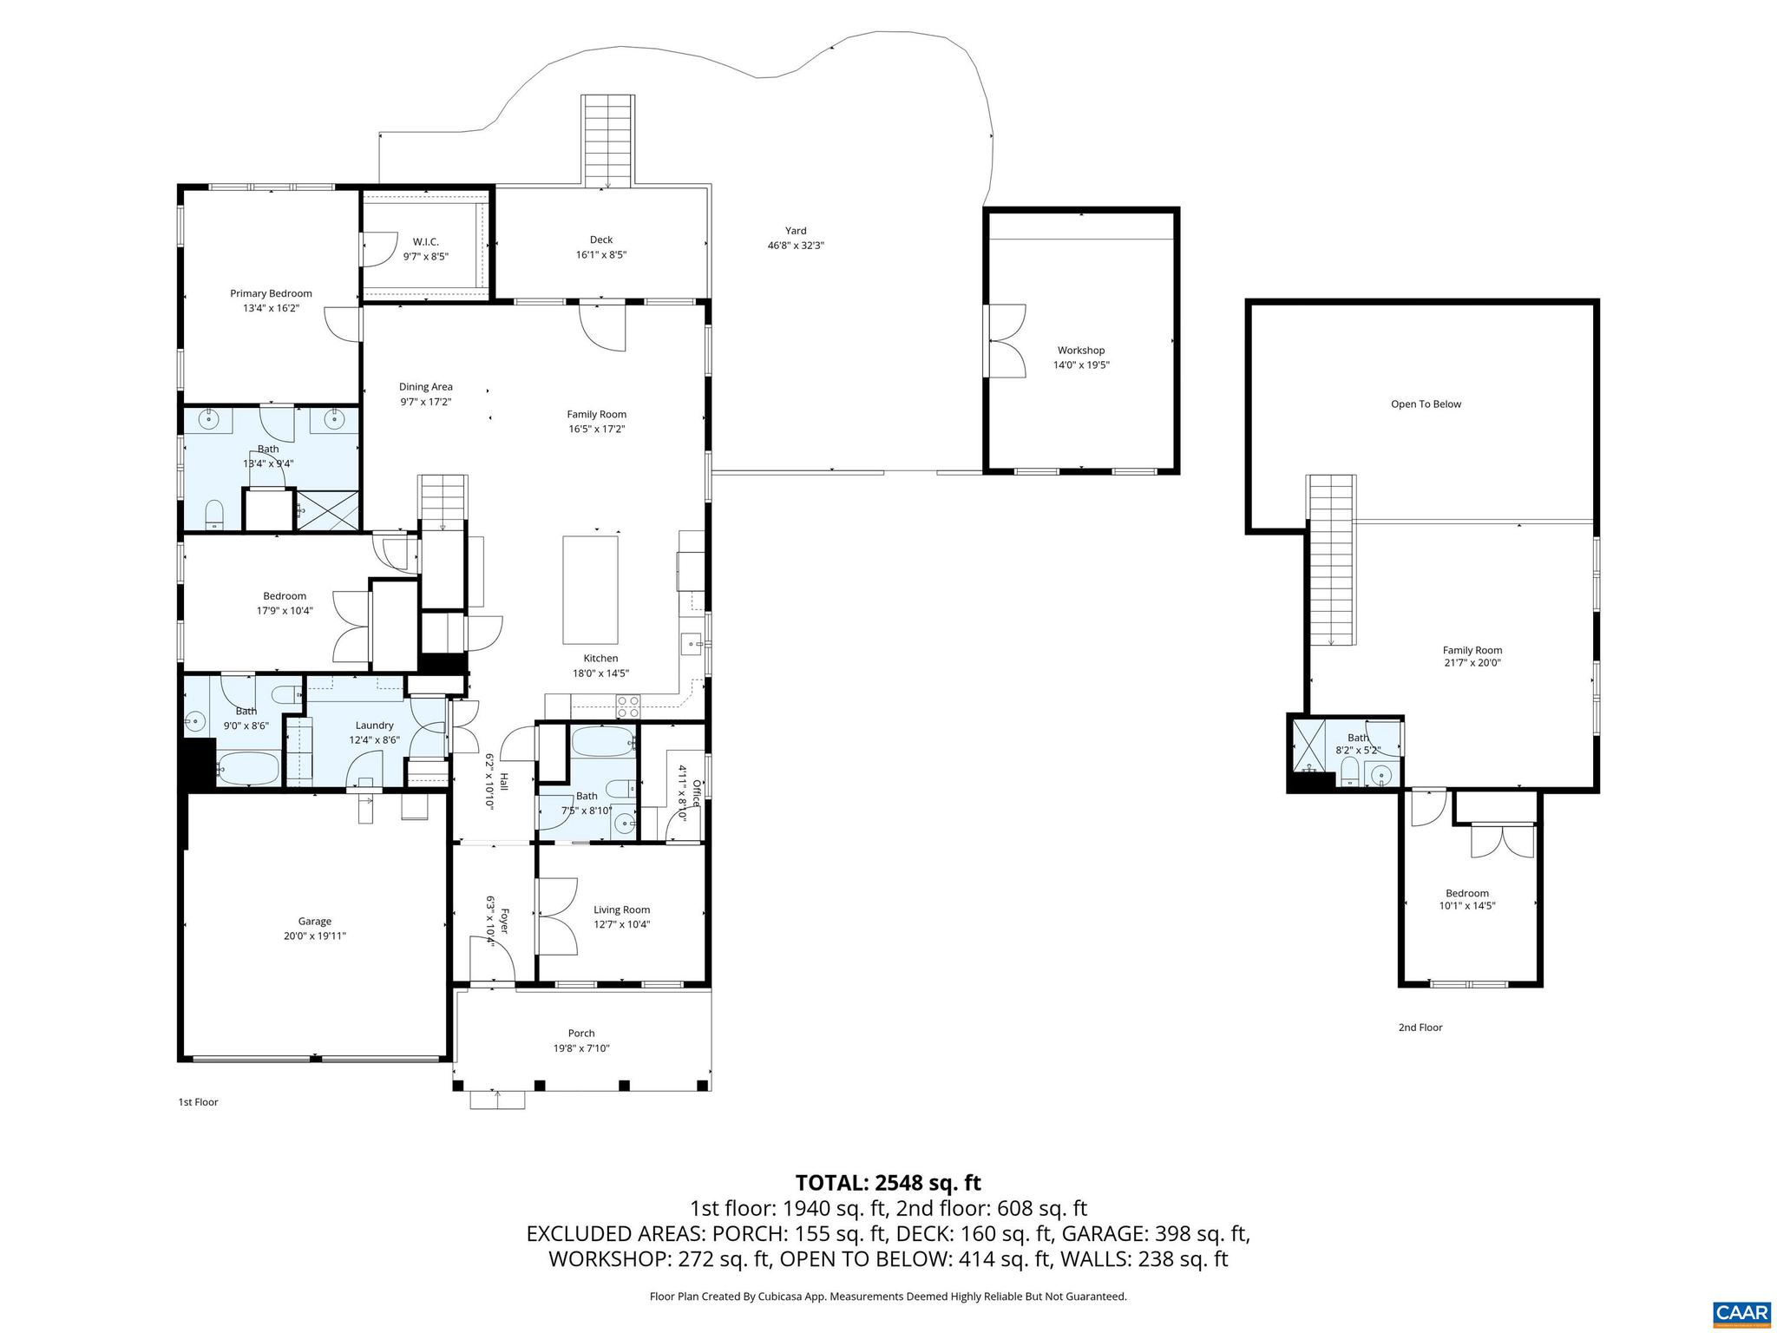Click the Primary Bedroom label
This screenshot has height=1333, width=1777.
(x=271, y=293)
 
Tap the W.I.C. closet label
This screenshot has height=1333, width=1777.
(x=425, y=241)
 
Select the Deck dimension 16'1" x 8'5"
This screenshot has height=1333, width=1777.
(x=600, y=255)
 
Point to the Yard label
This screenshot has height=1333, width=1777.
(x=796, y=231)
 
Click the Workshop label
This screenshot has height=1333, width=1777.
(x=1081, y=351)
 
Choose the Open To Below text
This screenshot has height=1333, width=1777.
(x=1426, y=404)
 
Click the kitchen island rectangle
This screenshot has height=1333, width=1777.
(x=591, y=588)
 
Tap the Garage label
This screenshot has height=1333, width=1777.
(x=315, y=922)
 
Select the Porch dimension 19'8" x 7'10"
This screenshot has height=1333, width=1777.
(x=581, y=1048)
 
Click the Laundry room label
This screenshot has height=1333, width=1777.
(x=374, y=726)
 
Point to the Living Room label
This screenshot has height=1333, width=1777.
(x=621, y=909)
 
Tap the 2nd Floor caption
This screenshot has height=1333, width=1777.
(x=1420, y=1028)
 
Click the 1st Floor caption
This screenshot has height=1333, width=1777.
(x=198, y=1102)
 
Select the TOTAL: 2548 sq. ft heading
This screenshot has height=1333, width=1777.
(x=888, y=1183)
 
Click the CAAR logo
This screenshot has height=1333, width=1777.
(x=1741, y=1313)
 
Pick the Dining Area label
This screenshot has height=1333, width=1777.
(x=425, y=387)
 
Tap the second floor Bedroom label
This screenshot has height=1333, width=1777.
(x=1466, y=894)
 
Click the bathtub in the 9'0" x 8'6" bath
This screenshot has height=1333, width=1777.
(x=248, y=768)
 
